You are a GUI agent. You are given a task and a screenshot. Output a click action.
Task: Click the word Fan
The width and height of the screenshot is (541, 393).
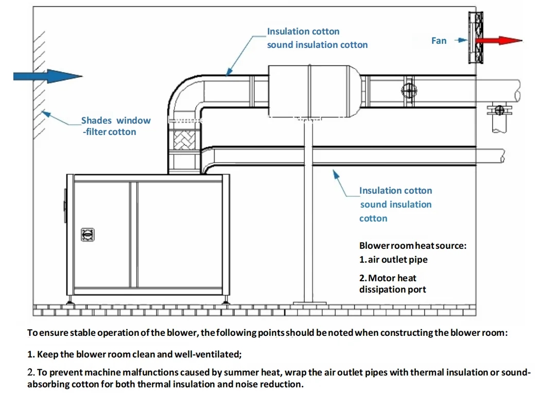(x=439, y=41)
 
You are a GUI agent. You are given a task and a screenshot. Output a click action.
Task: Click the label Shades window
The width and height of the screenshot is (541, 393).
(x=116, y=121)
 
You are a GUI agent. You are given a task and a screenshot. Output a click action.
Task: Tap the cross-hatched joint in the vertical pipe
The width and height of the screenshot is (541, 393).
(x=183, y=139)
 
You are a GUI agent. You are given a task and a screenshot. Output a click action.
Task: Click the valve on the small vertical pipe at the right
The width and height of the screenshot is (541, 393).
(x=497, y=109)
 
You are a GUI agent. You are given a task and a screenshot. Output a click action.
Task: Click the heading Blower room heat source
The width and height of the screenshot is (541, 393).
(x=413, y=246)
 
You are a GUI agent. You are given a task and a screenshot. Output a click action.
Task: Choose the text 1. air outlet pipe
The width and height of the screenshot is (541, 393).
(x=393, y=260)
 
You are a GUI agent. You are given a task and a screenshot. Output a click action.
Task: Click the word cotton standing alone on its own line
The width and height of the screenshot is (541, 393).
(x=373, y=218)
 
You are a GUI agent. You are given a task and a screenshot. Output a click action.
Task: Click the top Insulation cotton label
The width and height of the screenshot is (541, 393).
(x=303, y=31)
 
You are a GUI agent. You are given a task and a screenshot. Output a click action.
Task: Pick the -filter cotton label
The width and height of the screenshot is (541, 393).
(x=110, y=132)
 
